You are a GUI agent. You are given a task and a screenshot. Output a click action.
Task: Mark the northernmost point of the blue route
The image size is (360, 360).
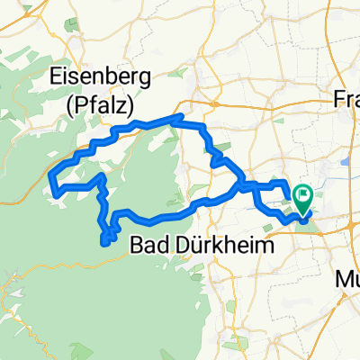(180, 117)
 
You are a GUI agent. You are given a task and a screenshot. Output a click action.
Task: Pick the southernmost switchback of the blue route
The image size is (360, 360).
(107, 239)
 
